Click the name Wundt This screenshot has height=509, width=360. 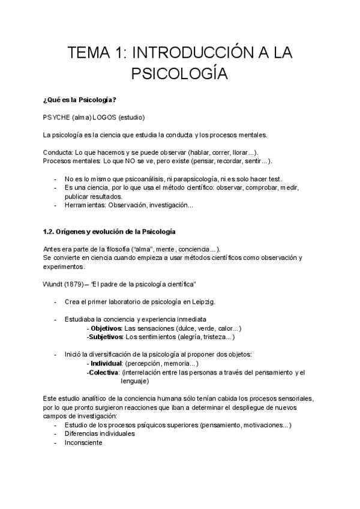click(54, 283)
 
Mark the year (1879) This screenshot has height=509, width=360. click(79, 283)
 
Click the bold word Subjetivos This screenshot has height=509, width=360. click(106, 337)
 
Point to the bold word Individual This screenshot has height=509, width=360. click(106, 364)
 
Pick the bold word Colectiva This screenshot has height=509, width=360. click(104, 373)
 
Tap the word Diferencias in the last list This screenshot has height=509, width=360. click(82, 434)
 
